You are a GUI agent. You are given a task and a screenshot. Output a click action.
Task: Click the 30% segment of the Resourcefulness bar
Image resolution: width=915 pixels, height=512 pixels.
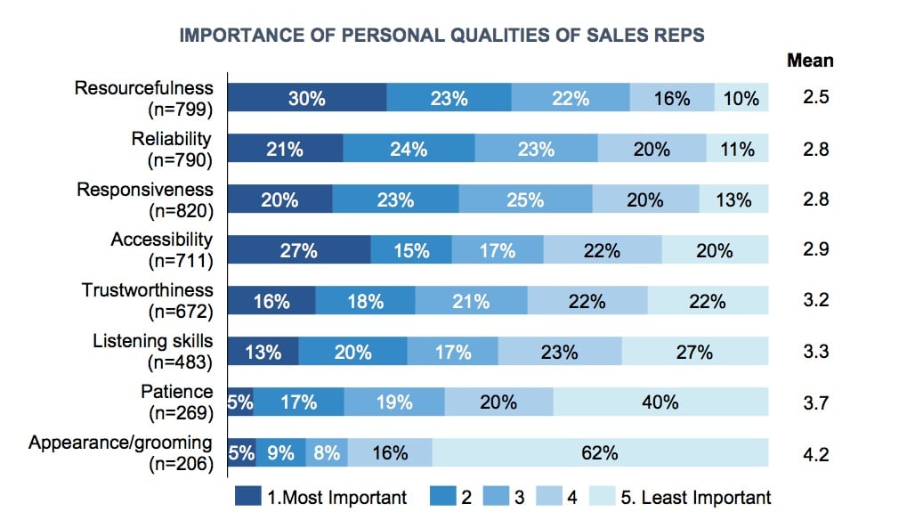tap(307, 98)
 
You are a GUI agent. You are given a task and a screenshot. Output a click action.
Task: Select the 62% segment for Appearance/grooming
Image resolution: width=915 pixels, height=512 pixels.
tap(600, 453)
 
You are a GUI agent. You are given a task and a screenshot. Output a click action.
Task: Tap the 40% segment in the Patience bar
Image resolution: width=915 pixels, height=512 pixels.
tap(660, 402)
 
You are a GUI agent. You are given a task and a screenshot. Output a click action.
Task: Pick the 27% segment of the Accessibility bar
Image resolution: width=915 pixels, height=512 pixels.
tap(299, 250)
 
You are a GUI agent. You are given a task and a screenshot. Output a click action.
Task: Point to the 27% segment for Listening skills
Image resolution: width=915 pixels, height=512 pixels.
tap(693, 352)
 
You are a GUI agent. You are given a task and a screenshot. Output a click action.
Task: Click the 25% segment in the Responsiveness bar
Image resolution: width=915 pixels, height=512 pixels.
tap(525, 199)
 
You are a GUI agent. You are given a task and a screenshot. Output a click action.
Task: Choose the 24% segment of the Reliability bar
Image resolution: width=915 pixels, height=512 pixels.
tap(409, 149)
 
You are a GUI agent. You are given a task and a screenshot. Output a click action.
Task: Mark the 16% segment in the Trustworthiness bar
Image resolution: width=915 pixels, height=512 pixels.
tap(271, 301)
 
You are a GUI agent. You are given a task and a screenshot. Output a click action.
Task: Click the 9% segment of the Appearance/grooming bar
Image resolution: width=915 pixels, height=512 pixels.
tap(281, 453)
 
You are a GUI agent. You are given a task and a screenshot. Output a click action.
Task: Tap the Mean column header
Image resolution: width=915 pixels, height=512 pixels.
tap(810, 61)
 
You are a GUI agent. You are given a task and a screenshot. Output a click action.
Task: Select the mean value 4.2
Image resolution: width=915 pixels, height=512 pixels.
tap(815, 453)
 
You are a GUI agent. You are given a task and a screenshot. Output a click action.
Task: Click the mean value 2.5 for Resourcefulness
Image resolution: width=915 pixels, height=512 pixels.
tap(815, 98)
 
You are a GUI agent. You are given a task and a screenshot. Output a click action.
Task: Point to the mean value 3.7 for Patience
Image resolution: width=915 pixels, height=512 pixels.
tap(815, 402)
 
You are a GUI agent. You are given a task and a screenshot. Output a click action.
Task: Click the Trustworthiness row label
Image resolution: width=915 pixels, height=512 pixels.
tap(148, 290)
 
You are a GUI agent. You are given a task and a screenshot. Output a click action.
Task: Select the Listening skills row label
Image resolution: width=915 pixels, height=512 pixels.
tap(153, 341)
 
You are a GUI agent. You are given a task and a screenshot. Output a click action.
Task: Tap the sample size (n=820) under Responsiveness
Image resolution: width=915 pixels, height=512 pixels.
tap(181, 210)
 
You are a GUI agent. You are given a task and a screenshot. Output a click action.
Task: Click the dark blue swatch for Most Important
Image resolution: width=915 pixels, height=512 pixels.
tap(248, 496)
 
